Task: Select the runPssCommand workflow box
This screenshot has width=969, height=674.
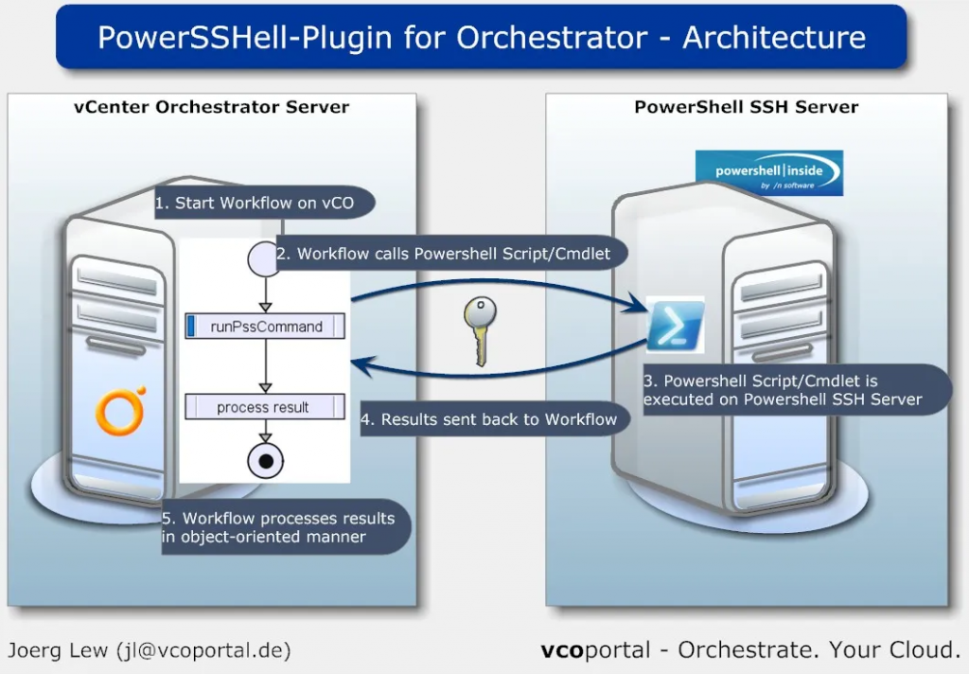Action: coord(265,328)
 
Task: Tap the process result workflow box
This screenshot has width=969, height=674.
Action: coord(263,408)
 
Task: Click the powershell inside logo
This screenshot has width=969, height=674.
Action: coord(767,173)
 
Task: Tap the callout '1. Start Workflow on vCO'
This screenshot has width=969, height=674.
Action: coord(264,203)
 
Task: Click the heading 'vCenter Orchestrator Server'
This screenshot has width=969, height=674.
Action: coord(211,107)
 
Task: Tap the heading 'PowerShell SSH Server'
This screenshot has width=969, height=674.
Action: coord(746,107)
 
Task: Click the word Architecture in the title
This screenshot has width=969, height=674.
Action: coord(773,38)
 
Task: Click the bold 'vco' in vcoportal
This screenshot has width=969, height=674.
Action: coord(563,650)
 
